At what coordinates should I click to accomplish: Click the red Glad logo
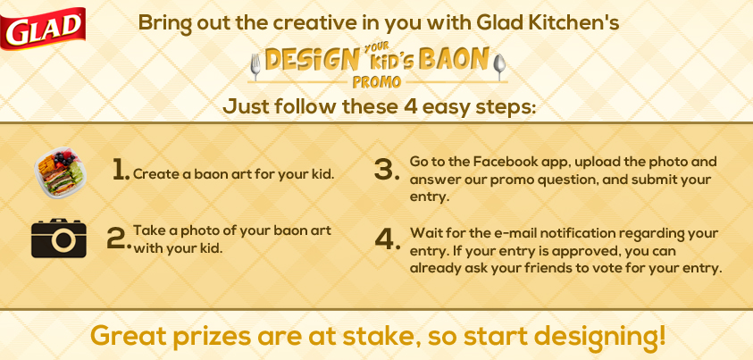pyautogui.click(x=43, y=29)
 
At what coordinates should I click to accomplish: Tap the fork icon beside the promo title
pyautogui.click(x=255, y=66)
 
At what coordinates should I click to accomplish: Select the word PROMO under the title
pyautogui.click(x=377, y=82)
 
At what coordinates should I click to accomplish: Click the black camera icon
pyautogui.click(x=59, y=238)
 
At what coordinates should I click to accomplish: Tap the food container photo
pyautogui.click(x=60, y=172)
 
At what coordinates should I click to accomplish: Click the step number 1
pyautogui.click(x=121, y=171)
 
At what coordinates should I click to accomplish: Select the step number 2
pyautogui.click(x=119, y=239)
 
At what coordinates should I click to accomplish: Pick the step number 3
pyautogui.click(x=387, y=171)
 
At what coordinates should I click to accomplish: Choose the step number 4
pyautogui.click(x=388, y=239)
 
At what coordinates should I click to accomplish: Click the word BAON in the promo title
pyautogui.click(x=454, y=59)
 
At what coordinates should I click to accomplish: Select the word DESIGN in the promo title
pyautogui.click(x=312, y=60)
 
